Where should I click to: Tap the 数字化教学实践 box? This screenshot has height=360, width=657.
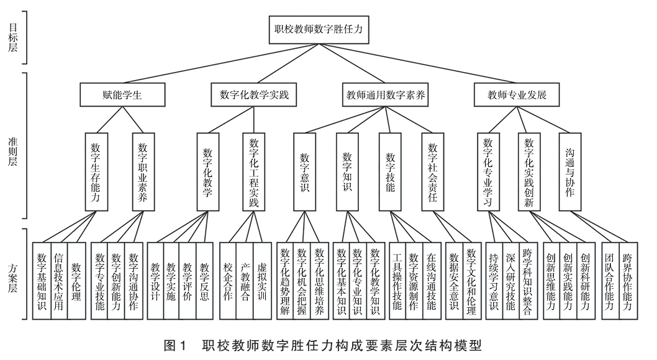coord(254,96)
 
